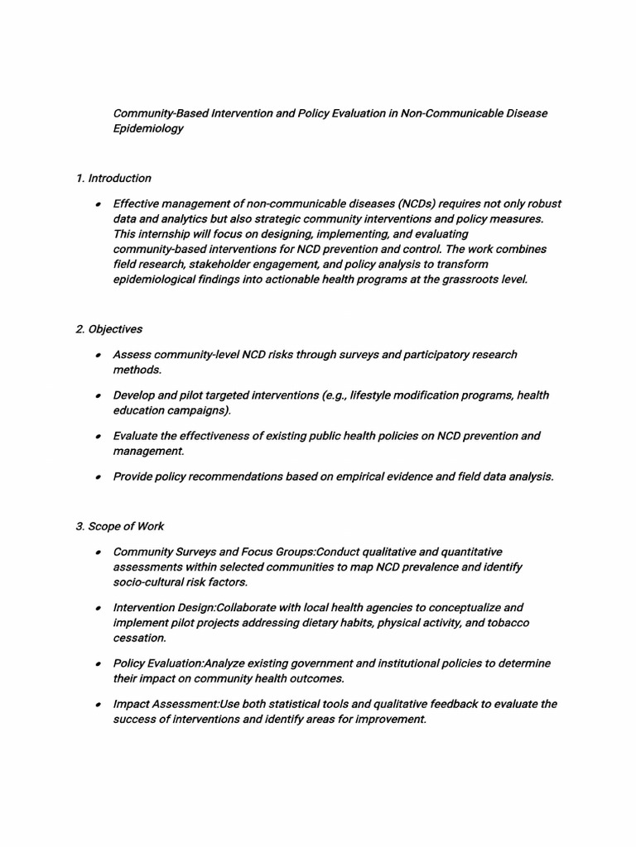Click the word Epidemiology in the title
pos(148,128)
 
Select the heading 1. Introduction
pos(113,178)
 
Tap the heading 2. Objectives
pos(108,329)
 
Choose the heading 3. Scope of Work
pos(119,526)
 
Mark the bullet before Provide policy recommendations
pos(97,477)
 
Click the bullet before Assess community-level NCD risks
pos(97,356)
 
